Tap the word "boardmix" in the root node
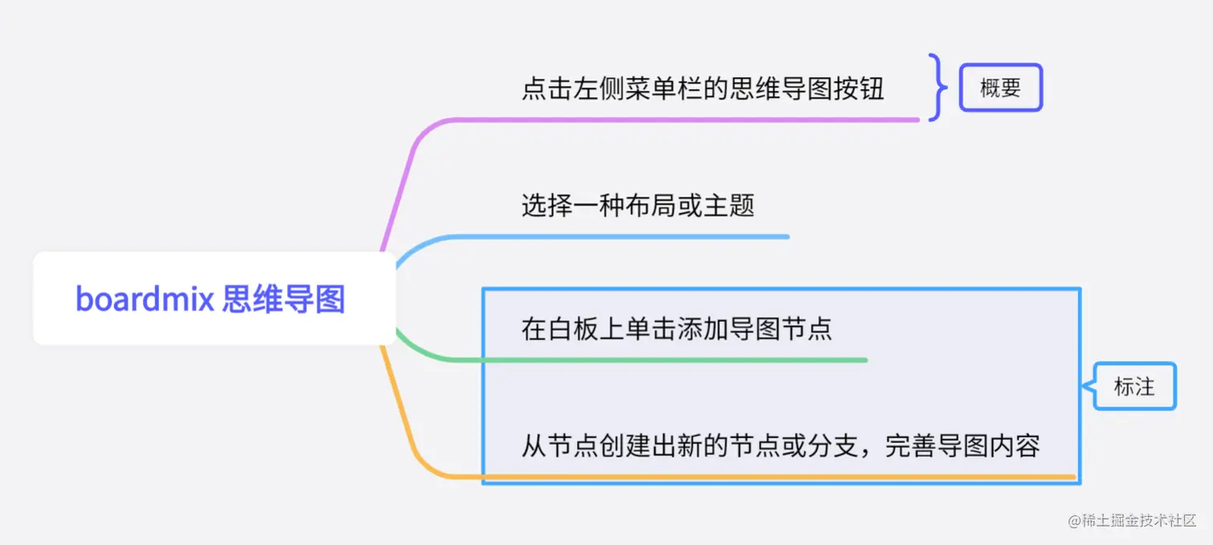pyautogui.click(x=144, y=299)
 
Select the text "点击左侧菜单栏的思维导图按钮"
pyautogui.click(x=703, y=88)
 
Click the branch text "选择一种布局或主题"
pyautogui.click(x=638, y=206)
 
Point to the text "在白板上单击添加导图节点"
pyautogui.click(x=676, y=329)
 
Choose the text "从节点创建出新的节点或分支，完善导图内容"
pyautogui.click(x=781, y=446)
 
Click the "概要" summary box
pyautogui.click(x=1000, y=87)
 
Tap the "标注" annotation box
pyautogui.click(x=1134, y=386)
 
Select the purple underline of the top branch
pyautogui.click(x=682, y=120)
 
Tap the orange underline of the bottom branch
pyautogui.click(x=762, y=478)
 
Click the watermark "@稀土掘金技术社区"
pyautogui.click(x=1132, y=520)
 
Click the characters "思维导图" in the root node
pyautogui.click(x=284, y=299)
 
